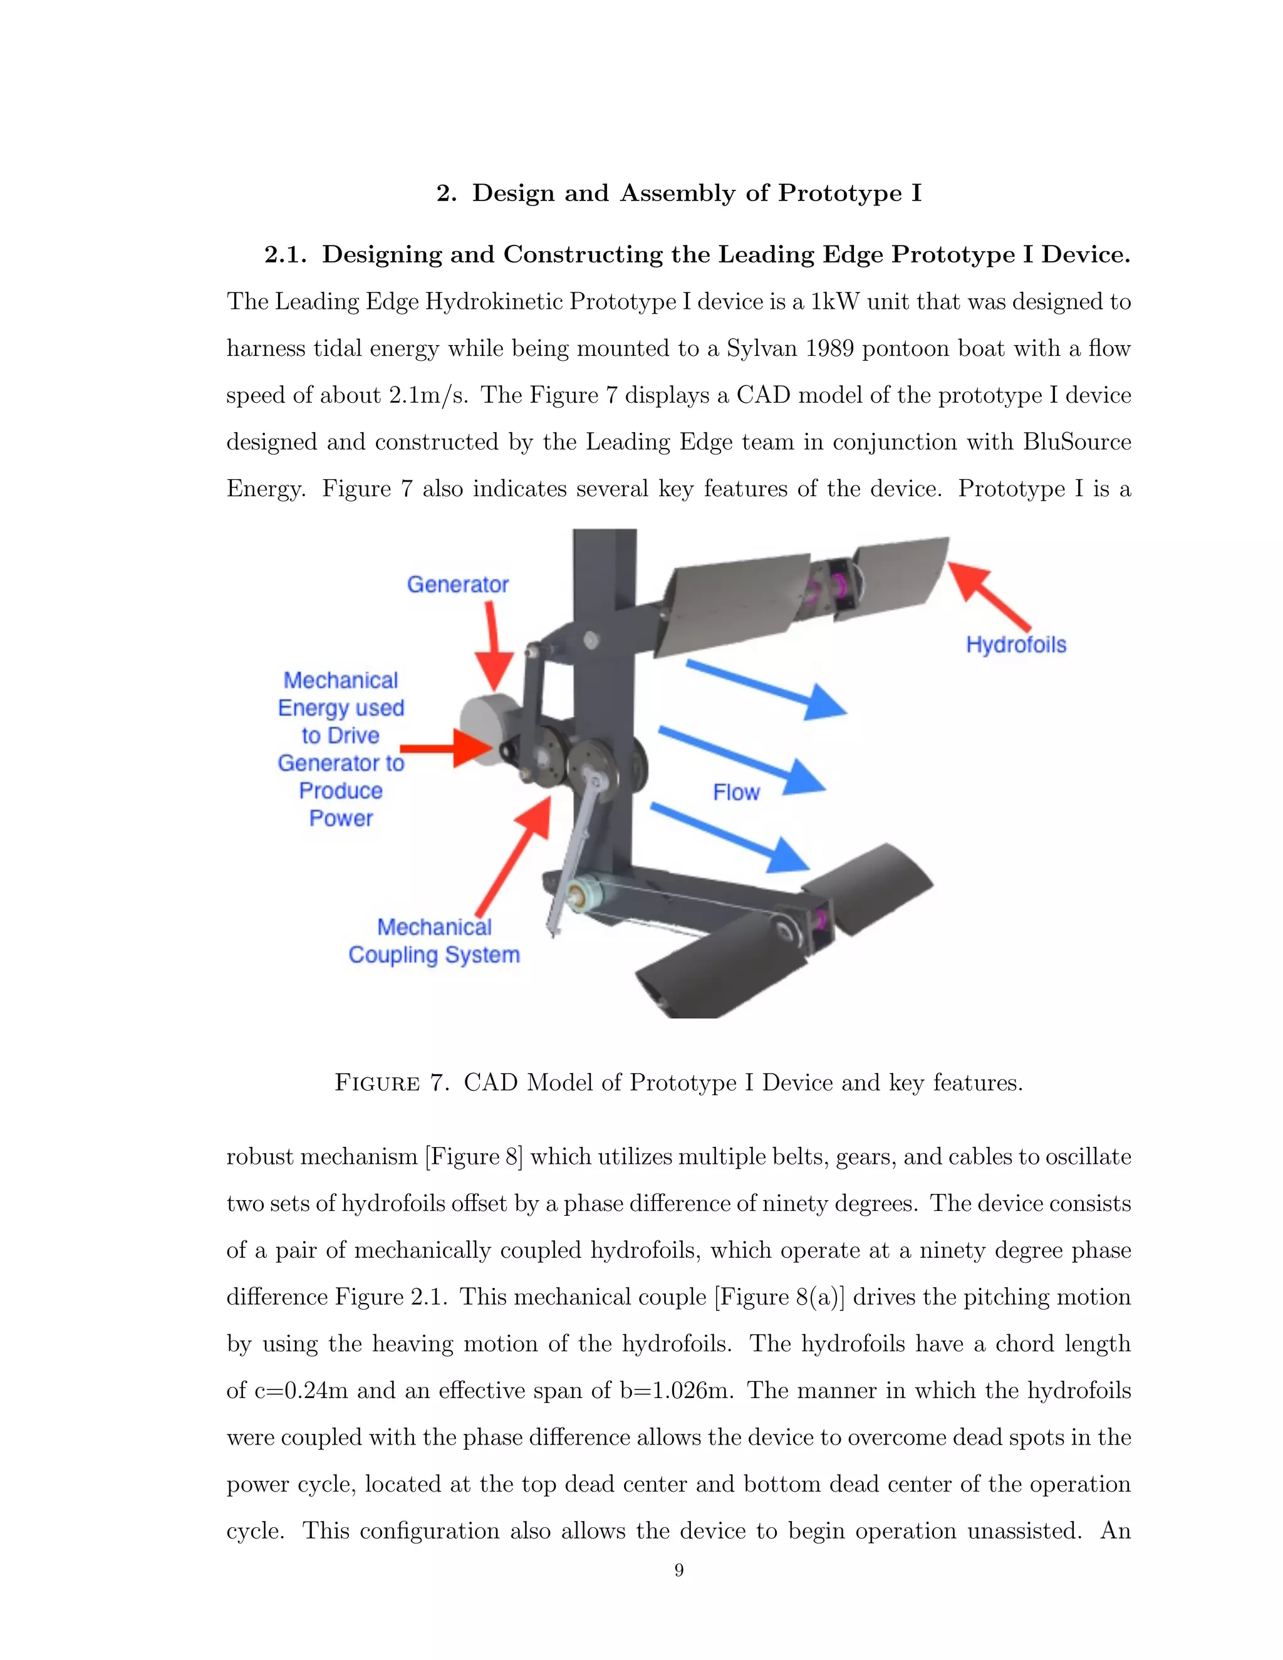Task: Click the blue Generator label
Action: (457, 584)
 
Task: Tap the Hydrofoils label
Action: (1015, 645)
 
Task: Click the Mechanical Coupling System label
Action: (434, 941)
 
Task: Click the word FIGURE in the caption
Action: (377, 1082)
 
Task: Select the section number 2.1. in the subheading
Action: (286, 254)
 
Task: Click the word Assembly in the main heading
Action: (677, 193)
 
